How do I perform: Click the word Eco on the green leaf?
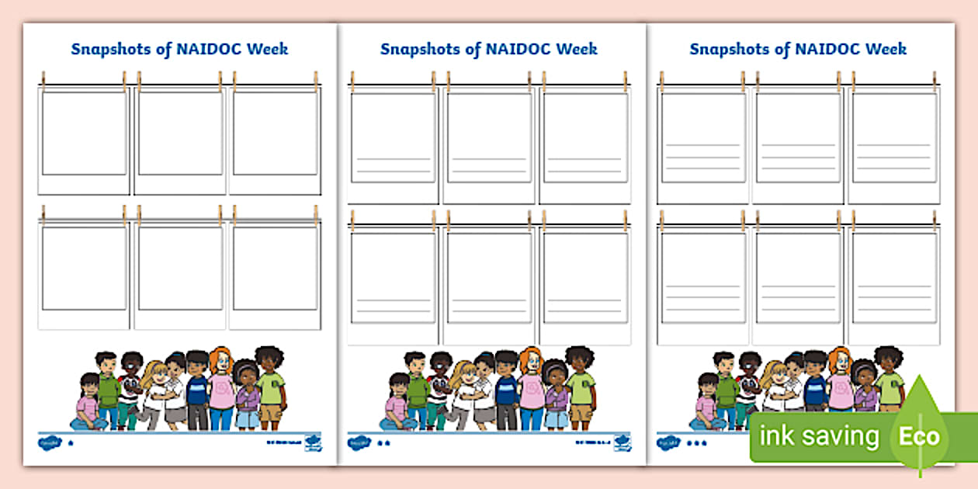[920, 436]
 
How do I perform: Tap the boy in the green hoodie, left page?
[108, 388]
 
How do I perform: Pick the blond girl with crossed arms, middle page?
[464, 392]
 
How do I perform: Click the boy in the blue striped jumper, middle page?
[506, 388]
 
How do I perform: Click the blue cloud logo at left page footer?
[47, 442]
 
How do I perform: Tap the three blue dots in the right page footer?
[696, 443]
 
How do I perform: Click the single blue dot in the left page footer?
[71, 443]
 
